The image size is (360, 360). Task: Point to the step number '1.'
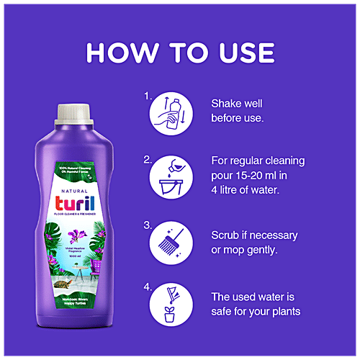tap(148, 94)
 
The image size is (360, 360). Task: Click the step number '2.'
tap(148, 159)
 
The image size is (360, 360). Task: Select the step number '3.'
tap(148, 225)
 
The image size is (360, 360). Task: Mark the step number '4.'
tap(148, 287)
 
